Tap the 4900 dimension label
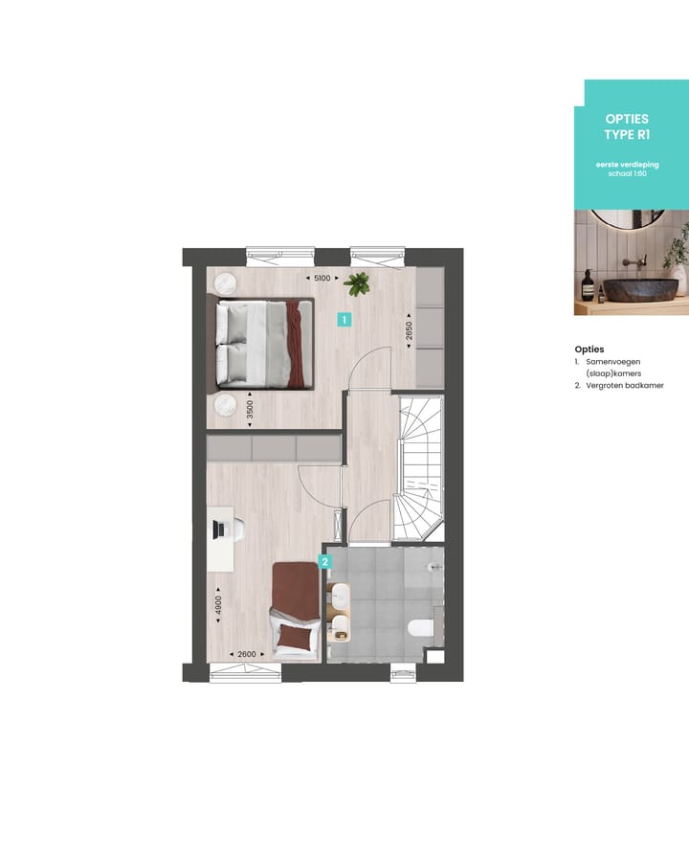(x=218, y=604)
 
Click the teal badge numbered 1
(x=344, y=321)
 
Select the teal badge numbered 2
(x=325, y=562)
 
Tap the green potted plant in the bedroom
(x=359, y=283)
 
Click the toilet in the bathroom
(x=420, y=629)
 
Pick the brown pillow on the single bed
(x=295, y=637)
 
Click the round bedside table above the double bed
(x=228, y=283)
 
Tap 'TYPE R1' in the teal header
(x=627, y=135)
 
